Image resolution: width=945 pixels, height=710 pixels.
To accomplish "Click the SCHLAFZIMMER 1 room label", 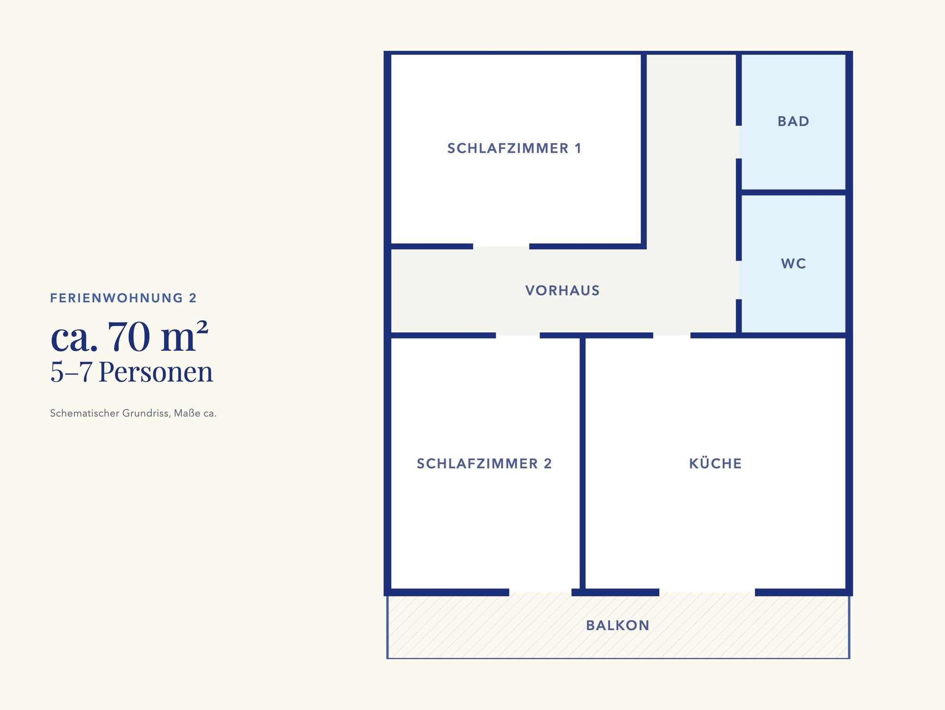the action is click(514, 148).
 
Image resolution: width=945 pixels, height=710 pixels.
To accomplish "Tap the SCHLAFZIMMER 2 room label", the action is click(484, 463).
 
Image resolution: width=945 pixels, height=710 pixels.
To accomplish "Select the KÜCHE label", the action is click(715, 463).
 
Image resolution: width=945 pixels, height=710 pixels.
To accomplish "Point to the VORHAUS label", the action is click(562, 290).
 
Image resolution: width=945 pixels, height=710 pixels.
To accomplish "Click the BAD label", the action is click(793, 121).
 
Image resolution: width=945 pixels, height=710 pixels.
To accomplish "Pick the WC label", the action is click(794, 264).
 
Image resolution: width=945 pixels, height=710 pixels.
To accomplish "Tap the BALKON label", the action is click(618, 626).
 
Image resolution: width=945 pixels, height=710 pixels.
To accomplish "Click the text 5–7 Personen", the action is click(132, 372).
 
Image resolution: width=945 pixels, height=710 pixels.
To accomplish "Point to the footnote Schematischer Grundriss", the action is click(108, 413).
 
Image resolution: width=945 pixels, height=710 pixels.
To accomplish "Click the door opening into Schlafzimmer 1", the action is click(501, 246).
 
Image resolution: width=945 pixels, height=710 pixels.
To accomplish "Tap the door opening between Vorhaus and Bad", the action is click(739, 142).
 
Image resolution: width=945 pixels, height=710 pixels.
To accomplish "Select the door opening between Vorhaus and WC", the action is click(739, 280).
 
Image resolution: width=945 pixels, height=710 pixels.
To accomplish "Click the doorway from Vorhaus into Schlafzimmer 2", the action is click(518, 335).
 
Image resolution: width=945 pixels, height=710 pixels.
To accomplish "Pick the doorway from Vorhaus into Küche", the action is click(672, 335).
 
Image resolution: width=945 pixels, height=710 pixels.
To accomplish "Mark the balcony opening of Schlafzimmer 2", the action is click(540, 592).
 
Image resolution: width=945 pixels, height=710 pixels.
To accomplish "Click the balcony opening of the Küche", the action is click(707, 592).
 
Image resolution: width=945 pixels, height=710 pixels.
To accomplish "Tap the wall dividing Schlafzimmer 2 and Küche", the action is click(582, 463).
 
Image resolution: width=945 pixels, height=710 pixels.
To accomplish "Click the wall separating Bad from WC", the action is click(794, 192).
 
